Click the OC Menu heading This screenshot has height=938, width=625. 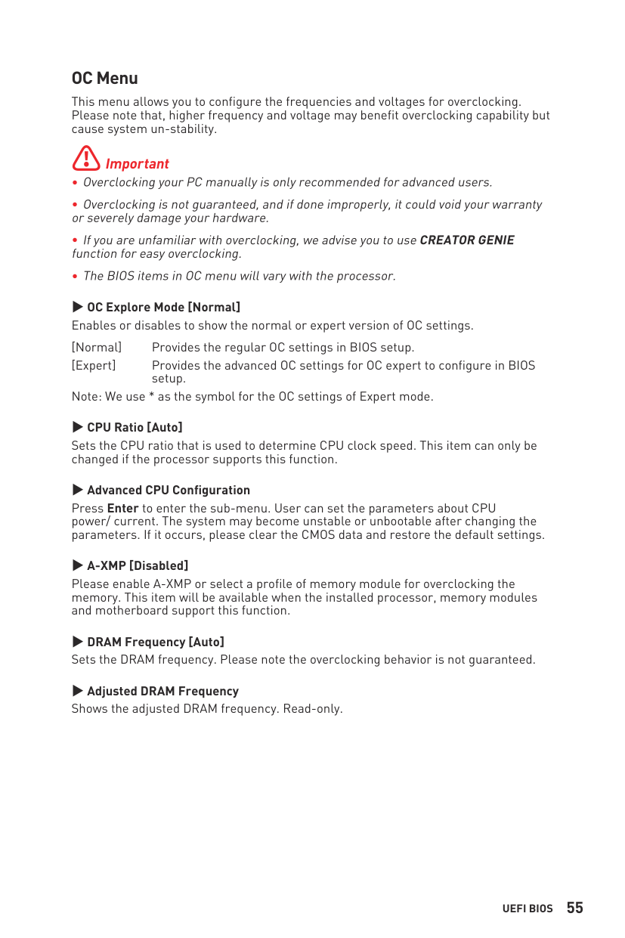[x=104, y=79]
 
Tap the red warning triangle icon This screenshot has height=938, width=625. [x=86, y=158]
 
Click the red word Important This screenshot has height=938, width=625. [x=137, y=164]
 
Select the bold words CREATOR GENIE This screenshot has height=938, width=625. [x=466, y=240]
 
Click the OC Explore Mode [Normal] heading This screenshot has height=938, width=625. [x=163, y=307]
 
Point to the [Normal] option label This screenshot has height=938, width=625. [x=97, y=348]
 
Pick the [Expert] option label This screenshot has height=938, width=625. [x=94, y=366]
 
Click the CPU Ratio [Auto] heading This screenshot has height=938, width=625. [x=135, y=427]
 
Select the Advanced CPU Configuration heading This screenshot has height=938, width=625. [x=168, y=490]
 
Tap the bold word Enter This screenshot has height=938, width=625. [x=122, y=508]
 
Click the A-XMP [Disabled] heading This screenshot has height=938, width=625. [x=138, y=565]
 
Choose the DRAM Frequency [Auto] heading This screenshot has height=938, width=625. [x=155, y=642]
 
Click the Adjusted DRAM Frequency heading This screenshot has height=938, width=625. [x=162, y=691]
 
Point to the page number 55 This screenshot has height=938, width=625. [x=574, y=908]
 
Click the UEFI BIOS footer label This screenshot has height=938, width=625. [x=528, y=909]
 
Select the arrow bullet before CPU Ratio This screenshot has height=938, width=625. [x=77, y=427]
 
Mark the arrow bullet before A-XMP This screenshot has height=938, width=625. [x=77, y=565]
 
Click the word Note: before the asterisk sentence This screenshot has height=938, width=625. [x=86, y=397]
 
